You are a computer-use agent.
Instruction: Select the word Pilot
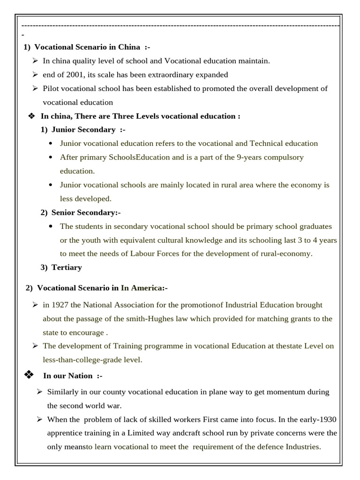coord(52,88)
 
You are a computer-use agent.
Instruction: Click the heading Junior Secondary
coord(83,129)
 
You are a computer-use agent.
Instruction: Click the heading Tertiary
coord(67,267)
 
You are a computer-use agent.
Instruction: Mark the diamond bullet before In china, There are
coord(32,116)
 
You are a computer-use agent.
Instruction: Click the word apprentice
coord(64,433)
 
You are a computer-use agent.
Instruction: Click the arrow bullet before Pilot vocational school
coord(35,88)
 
